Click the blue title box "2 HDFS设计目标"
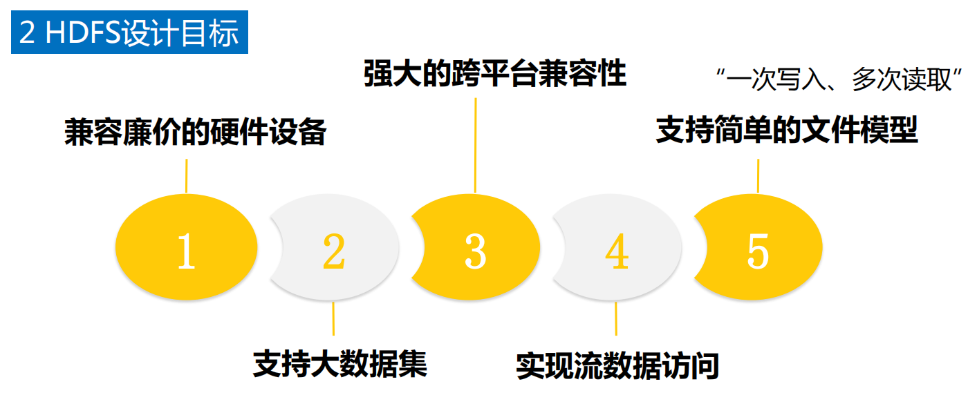pos(129,33)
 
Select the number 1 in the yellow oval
pos(186,251)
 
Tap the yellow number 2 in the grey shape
pos(334,251)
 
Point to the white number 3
pos(475,251)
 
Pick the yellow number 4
pos(617,251)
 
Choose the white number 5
pos(758,251)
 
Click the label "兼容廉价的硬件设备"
pos(195,133)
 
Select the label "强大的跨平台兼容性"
pos(495,74)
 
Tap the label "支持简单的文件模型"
pos(786,131)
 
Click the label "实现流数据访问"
pos(617,366)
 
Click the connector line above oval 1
pos(186,176)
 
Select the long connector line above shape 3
pos(475,144)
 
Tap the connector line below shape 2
pos(334,318)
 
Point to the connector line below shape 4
pos(616,318)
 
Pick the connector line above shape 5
pos(758,176)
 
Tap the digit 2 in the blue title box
pos(27,33)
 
